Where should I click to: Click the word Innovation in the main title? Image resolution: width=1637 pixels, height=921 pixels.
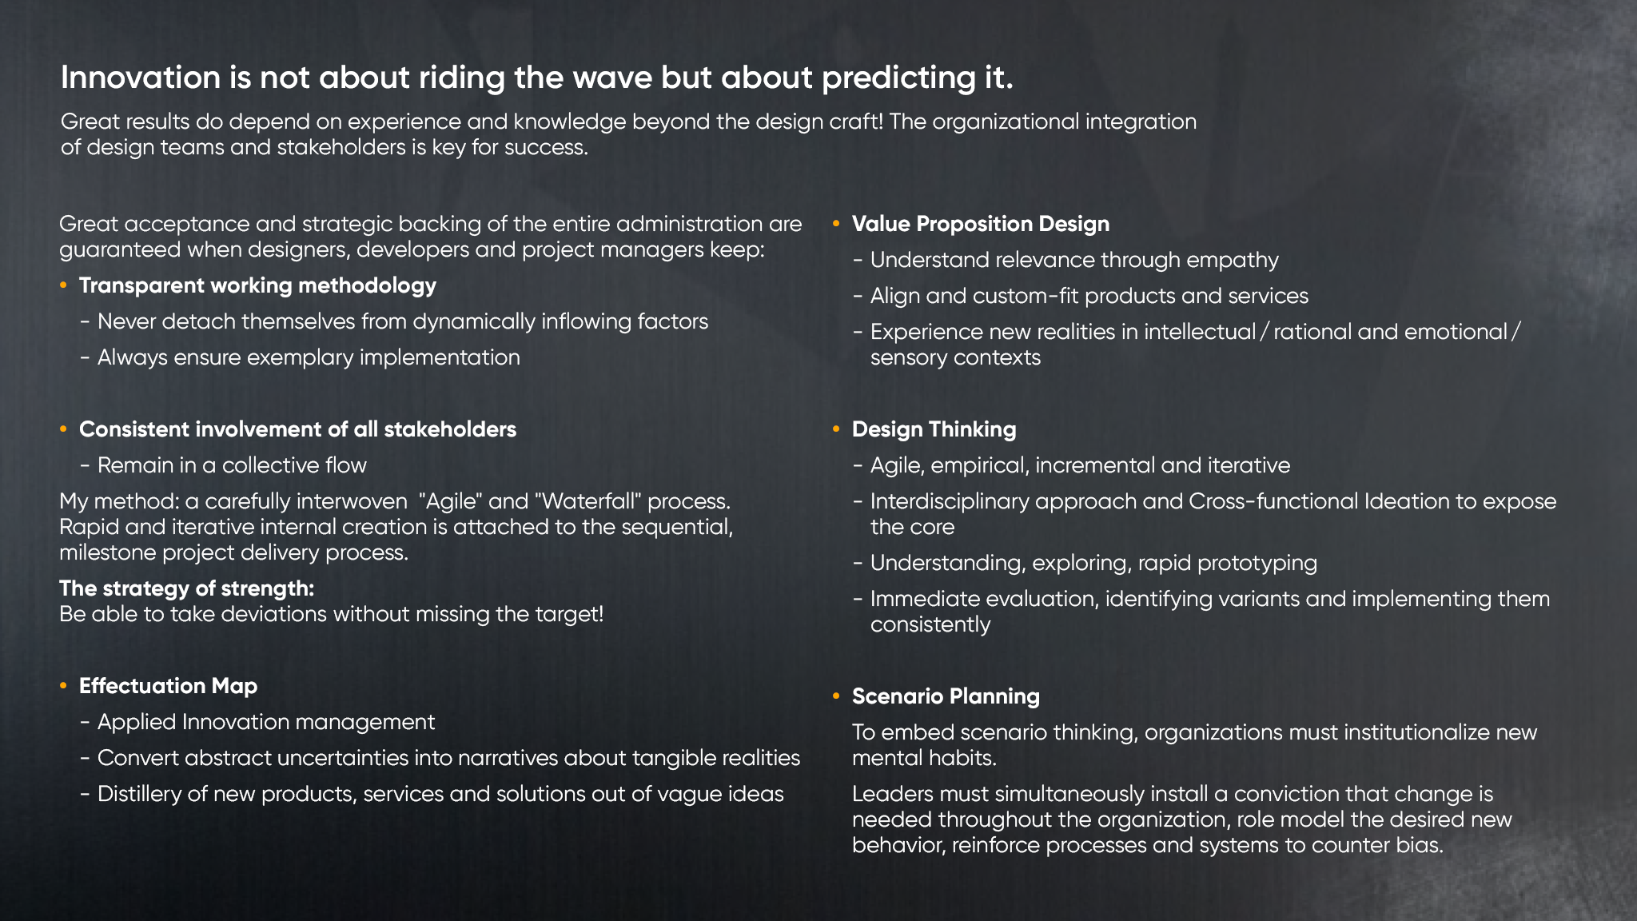tap(141, 78)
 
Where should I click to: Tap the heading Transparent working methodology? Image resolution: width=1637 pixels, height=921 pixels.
tap(257, 285)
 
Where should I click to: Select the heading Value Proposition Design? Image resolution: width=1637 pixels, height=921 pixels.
tap(981, 224)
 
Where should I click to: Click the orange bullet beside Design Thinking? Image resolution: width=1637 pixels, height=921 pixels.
tap(836, 429)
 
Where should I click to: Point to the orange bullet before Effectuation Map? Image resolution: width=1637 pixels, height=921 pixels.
tap(63, 686)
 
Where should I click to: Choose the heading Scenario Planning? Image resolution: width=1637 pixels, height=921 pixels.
tap(946, 696)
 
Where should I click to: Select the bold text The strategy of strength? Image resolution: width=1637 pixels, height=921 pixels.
tap(187, 588)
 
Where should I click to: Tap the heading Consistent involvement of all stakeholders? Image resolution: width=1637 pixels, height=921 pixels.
tap(297, 429)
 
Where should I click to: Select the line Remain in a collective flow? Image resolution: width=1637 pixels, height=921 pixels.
tap(232, 465)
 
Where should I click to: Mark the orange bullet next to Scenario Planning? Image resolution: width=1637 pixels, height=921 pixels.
tap(836, 696)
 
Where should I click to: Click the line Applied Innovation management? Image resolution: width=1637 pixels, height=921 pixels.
tap(266, 723)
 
